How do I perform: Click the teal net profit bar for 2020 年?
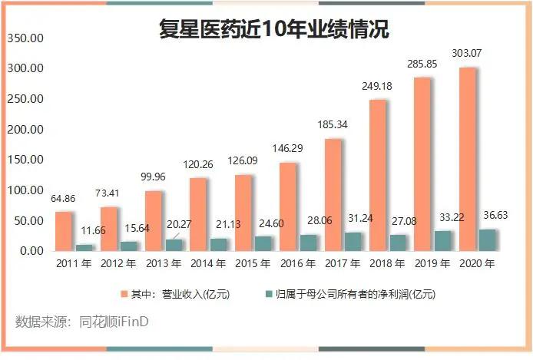click(x=488, y=239)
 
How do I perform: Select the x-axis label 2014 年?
click(x=207, y=265)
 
